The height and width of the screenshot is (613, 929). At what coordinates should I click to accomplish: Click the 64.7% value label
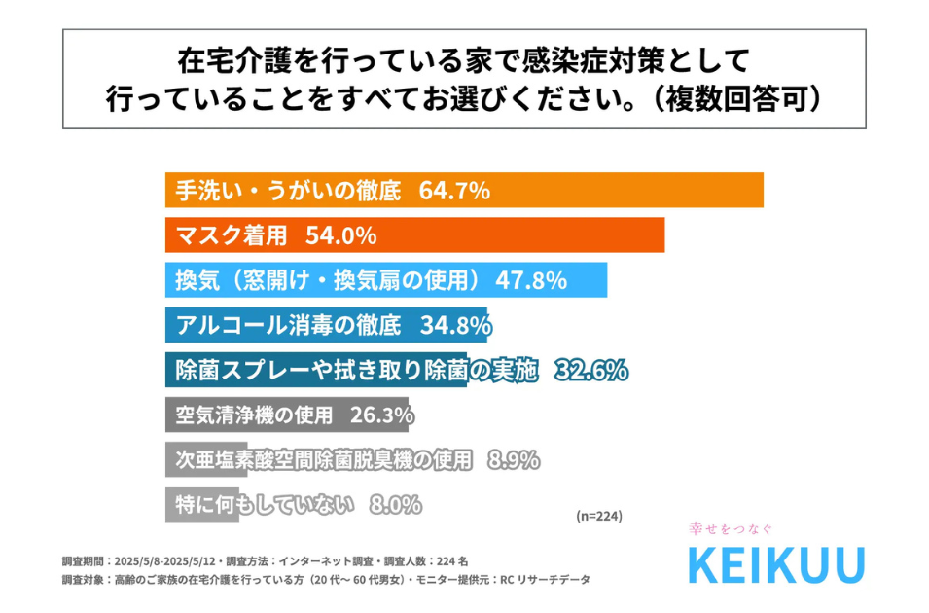[453, 191]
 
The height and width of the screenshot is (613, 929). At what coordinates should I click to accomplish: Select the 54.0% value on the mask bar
[340, 235]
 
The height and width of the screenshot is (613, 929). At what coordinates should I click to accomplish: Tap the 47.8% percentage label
[531, 280]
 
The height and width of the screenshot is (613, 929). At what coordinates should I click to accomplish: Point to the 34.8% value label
[453, 325]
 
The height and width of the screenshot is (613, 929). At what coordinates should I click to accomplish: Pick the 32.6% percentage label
[591, 370]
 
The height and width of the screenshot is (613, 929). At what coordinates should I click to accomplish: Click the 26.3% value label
[380, 415]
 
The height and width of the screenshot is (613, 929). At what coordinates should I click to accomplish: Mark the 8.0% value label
[395, 505]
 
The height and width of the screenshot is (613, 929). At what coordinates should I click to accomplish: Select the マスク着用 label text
[230, 235]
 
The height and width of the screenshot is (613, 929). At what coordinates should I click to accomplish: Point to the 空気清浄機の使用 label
[248, 415]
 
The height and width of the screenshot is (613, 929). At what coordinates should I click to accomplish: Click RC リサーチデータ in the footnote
[546, 580]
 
